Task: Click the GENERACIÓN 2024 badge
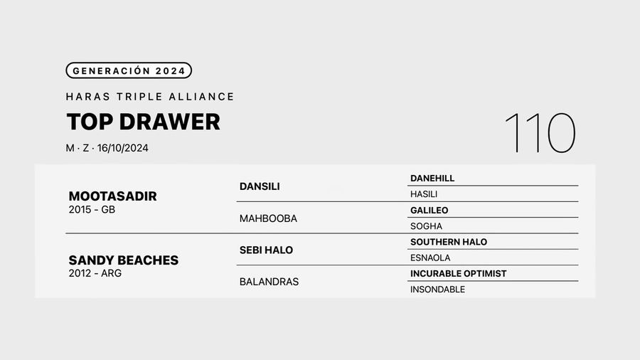click(129, 70)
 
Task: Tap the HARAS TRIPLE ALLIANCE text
click(150, 97)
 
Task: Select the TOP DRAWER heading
click(143, 122)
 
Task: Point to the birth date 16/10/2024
click(122, 148)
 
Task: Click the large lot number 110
click(540, 133)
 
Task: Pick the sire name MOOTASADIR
click(112, 196)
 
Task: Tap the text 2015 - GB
click(92, 210)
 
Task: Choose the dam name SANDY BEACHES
click(123, 260)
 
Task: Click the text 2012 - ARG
click(95, 273)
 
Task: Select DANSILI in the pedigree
click(260, 186)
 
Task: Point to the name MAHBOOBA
click(268, 219)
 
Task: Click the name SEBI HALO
click(266, 250)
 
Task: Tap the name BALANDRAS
click(269, 282)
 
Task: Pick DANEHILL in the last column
click(432, 179)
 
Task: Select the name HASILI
click(424, 194)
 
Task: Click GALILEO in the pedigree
click(429, 210)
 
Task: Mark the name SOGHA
click(426, 226)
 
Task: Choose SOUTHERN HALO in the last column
click(449, 242)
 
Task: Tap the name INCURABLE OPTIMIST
click(459, 274)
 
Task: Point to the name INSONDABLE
click(437, 290)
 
